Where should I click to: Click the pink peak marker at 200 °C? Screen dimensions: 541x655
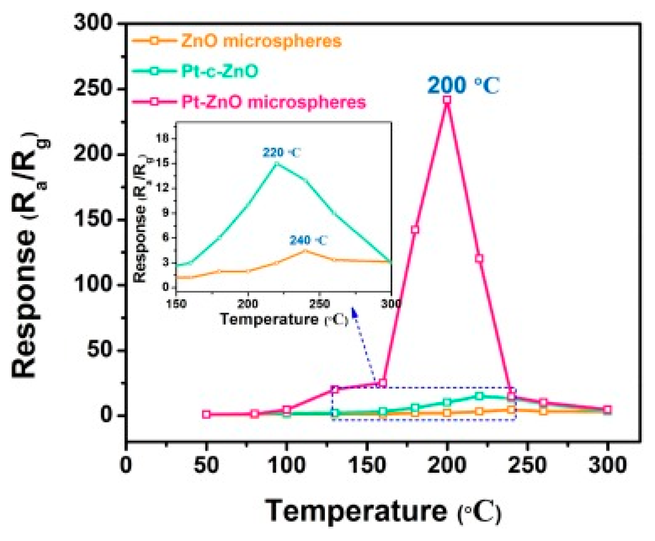coord(446,99)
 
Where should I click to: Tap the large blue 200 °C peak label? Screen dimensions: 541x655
coord(463,86)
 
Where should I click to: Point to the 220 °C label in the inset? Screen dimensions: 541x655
coord(282,152)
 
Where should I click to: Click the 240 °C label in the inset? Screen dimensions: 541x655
coord(308,240)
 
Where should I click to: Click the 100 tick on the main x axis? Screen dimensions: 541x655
coord(286,465)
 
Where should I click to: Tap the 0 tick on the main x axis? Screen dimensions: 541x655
coord(126,465)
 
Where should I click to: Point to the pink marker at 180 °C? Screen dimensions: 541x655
coord(415,229)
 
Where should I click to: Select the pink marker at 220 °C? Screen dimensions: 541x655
coord(479,258)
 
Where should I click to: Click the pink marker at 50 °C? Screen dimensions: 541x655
coord(206,414)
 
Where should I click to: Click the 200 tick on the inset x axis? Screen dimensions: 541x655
coord(248,304)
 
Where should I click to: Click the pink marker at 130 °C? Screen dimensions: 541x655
coord(335,390)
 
